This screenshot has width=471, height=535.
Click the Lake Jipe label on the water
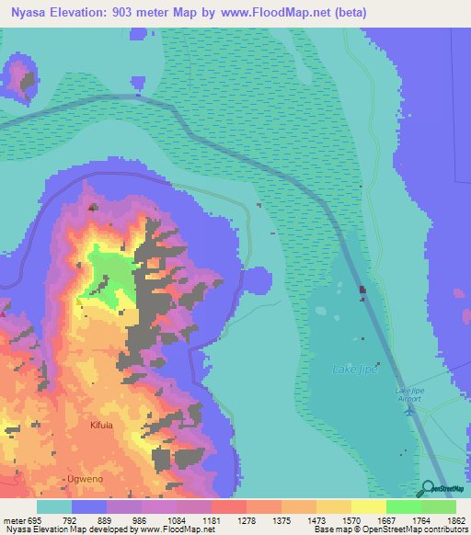(354, 369)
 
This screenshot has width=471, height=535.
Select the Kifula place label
(101, 426)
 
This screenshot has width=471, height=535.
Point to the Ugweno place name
(75, 480)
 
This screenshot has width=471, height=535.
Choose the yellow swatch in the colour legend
(368, 506)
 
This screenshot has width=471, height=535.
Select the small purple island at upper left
(19, 76)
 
